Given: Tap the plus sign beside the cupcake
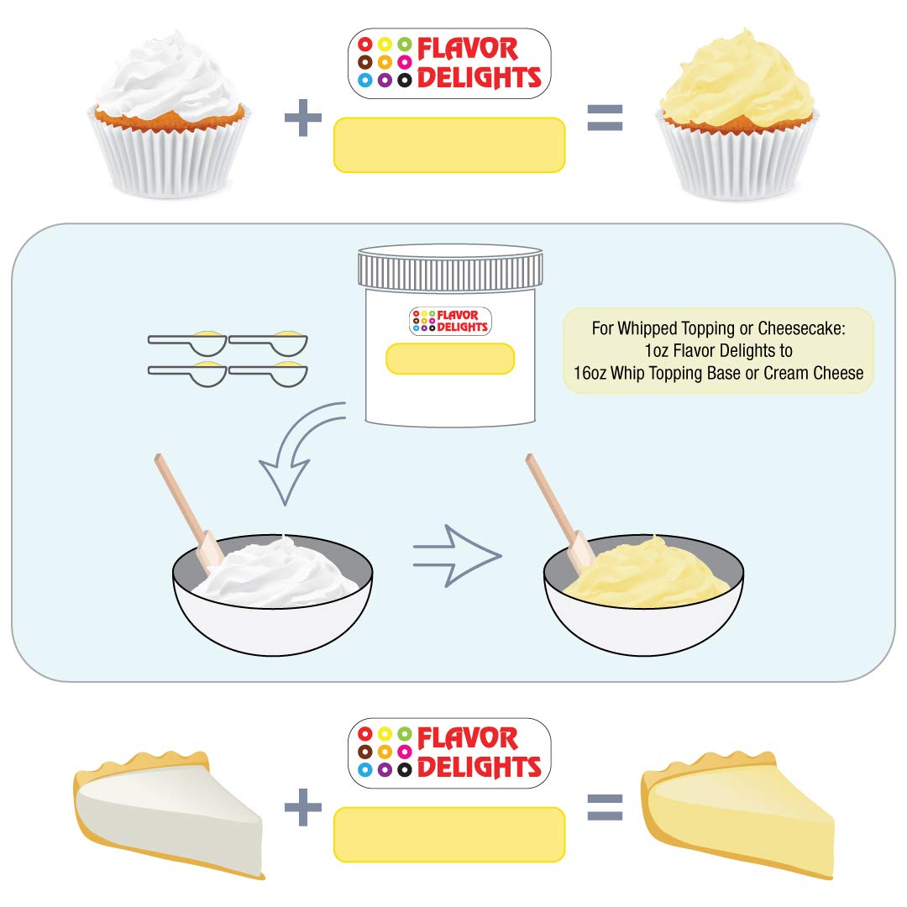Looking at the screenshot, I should [x=303, y=119].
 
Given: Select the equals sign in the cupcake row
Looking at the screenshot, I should [x=605, y=119].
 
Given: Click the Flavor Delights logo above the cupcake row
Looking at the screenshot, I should [x=449, y=64].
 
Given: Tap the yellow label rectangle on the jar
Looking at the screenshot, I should [x=449, y=359].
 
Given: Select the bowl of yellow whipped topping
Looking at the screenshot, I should [x=644, y=592].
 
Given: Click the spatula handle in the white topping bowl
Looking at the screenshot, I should [x=178, y=495].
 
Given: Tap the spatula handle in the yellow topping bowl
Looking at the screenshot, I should [x=550, y=495].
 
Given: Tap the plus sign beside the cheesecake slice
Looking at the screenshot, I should [x=303, y=808].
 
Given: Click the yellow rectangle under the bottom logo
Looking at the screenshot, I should [x=449, y=834].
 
